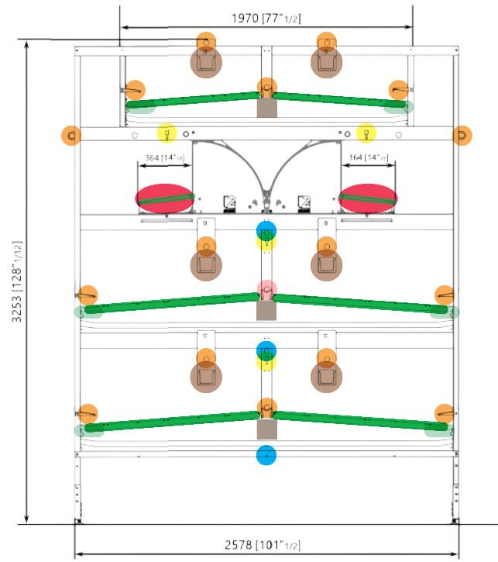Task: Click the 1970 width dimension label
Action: click(266, 17)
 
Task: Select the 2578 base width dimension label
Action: click(266, 546)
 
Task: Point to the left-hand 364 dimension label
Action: click(163, 157)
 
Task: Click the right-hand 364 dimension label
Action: click(368, 157)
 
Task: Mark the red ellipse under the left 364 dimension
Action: click(165, 198)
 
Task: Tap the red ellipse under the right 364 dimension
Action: click(368, 198)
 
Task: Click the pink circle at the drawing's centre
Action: click(266, 290)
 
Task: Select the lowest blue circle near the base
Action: click(266, 455)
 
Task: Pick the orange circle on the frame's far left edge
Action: click(71, 136)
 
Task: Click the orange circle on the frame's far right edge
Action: click(462, 136)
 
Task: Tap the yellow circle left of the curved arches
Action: click(167, 133)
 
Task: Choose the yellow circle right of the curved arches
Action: click(366, 133)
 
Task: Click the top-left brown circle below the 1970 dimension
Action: click(206, 63)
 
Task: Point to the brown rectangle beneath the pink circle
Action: click(266, 310)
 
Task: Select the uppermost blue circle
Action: click(266, 230)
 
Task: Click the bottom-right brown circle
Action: click(326, 377)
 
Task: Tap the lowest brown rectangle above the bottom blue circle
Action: click(266, 429)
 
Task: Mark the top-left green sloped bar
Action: click(193, 99)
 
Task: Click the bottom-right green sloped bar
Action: click(360, 420)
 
